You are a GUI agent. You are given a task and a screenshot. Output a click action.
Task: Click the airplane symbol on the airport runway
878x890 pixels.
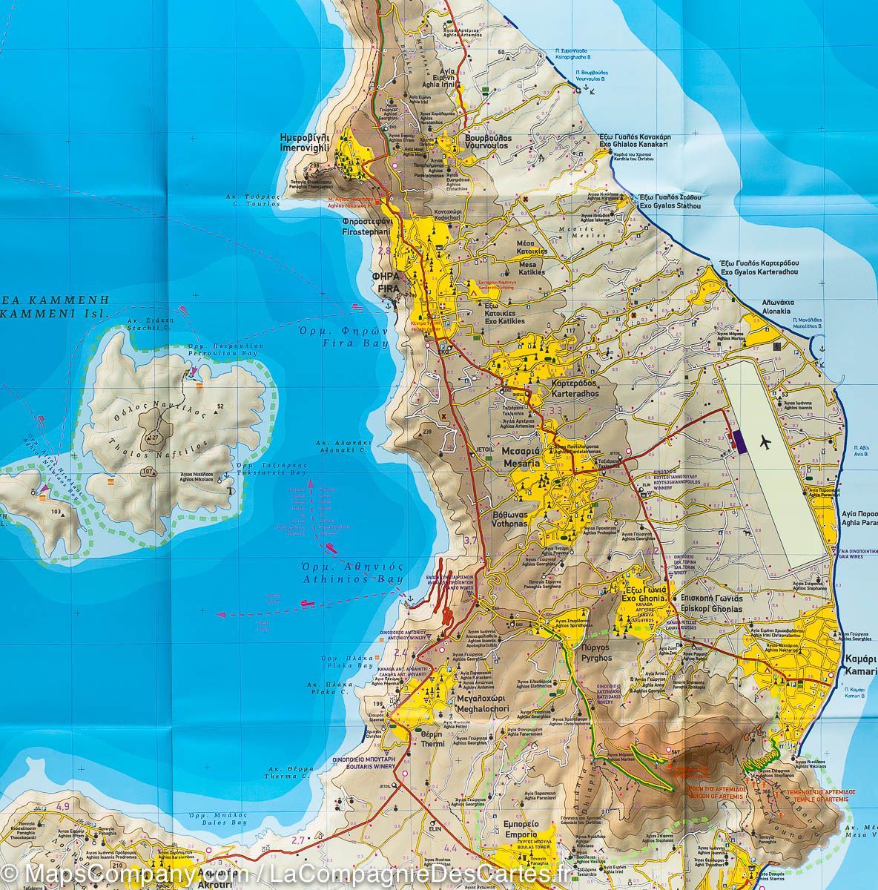[767, 443]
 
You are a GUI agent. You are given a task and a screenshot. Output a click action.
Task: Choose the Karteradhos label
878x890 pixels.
[575, 393]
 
